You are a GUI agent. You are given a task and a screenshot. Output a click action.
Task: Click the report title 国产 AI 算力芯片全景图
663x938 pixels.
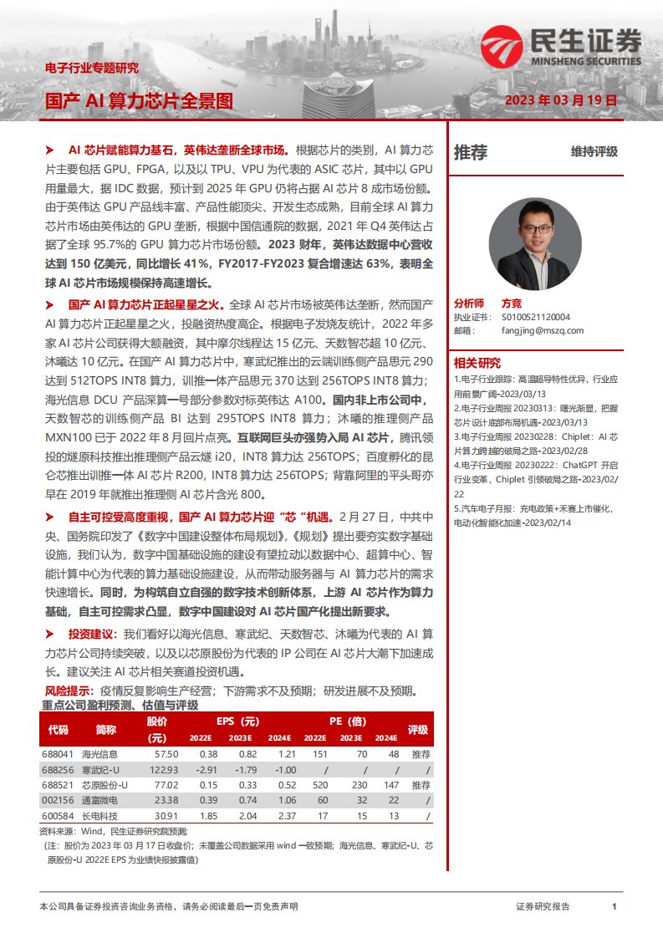139,101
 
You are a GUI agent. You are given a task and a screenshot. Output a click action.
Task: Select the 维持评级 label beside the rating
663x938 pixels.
594,151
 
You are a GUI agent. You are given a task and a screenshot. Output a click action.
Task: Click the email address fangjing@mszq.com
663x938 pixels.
543,330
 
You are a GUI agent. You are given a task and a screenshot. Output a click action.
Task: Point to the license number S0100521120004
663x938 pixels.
536,318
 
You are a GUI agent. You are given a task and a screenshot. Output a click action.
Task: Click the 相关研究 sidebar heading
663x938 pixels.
477,363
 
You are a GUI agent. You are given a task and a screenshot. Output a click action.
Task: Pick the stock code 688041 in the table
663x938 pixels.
58,754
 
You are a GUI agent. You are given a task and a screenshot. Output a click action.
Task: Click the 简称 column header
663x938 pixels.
106,729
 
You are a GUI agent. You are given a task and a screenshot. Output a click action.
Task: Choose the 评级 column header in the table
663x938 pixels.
417,729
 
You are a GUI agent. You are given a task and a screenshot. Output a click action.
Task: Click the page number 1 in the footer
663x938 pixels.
615,906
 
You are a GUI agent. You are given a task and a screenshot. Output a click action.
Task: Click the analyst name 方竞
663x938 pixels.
511,304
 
